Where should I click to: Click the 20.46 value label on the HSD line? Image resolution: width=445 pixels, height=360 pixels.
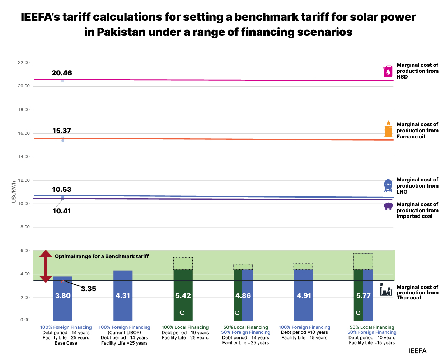(x=62, y=73)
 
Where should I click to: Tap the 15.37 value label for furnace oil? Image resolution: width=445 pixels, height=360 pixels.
(x=62, y=131)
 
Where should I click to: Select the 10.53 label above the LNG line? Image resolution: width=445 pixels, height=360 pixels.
(x=62, y=190)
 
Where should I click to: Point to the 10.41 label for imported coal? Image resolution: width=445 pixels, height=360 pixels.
(x=62, y=211)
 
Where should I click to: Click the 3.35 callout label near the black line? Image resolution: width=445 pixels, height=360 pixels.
(x=88, y=289)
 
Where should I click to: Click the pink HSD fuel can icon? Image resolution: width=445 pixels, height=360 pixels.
(x=388, y=71)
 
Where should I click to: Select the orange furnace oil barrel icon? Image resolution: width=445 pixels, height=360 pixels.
(x=388, y=129)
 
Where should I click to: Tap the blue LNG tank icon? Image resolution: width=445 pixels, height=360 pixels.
(x=388, y=185)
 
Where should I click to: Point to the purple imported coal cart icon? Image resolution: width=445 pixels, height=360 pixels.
(x=388, y=206)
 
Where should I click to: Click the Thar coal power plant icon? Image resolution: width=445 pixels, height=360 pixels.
(x=386, y=290)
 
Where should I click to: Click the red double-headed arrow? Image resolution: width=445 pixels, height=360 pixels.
(x=46, y=266)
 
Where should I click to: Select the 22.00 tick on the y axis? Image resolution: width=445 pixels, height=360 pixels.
(x=24, y=63)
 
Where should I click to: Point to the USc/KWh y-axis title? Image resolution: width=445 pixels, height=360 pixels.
(x=14, y=192)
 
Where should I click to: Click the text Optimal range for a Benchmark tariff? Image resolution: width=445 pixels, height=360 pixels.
(x=102, y=256)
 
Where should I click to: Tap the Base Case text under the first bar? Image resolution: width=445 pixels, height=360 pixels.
(x=66, y=343)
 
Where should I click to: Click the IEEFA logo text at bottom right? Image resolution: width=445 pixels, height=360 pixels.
(x=417, y=351)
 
